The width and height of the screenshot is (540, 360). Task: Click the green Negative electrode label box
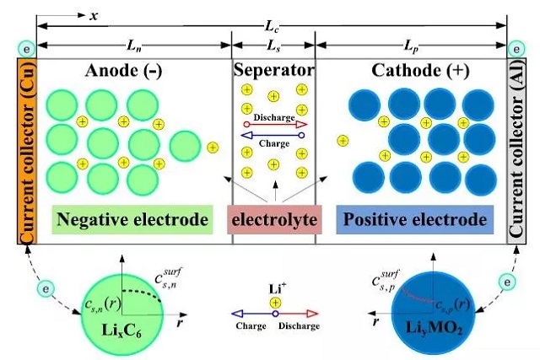(x=133, y=221)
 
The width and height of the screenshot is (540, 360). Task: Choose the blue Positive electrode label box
(x=413, y=221)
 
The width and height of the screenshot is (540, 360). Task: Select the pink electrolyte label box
(x=274, y=221)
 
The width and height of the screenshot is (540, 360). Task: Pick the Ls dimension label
(x=273, y=42)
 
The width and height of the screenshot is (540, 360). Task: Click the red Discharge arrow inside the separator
(x=274, y=124)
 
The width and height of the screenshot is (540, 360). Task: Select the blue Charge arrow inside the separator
(x=274, y=135)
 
